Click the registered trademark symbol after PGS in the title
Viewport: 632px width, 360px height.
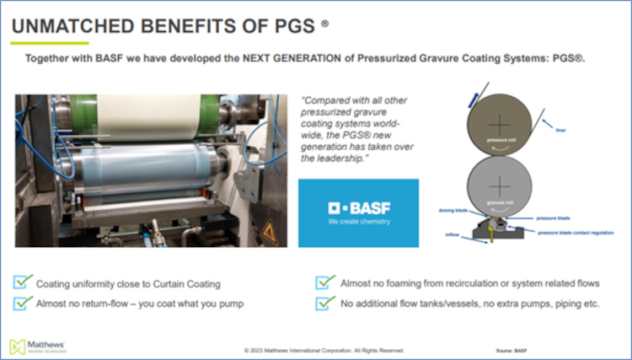point(325,24)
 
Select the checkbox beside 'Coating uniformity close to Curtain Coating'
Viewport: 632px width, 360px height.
point(23,282)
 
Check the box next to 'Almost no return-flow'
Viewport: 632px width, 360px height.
point(23,303)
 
